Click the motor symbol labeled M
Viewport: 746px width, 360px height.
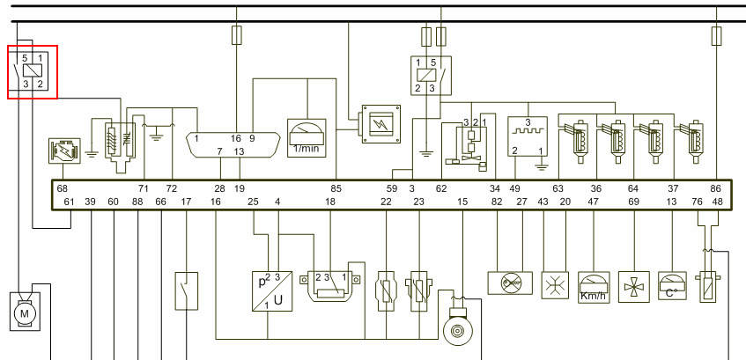(x=24, y=313)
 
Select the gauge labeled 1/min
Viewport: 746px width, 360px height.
(x=307, y=136)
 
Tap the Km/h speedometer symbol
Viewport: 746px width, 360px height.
(x=593, y=286)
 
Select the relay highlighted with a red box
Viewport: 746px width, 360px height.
(x=33, y=72)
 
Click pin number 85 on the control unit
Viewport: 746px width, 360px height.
(x=336, y=188)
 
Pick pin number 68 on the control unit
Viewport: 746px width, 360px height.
(x=62, y=188)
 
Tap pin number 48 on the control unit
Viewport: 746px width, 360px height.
(x=717, y=202)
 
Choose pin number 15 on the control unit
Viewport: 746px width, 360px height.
(x=462, y=202)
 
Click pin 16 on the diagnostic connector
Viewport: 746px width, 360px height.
(x=236, y=138)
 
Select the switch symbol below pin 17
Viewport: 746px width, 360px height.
(x=187, y=291)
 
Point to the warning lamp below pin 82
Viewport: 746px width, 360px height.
(x=511, y=283)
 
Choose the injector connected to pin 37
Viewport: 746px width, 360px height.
(x=695, y=141)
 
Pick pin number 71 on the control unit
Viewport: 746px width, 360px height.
(x=143, y=188)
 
